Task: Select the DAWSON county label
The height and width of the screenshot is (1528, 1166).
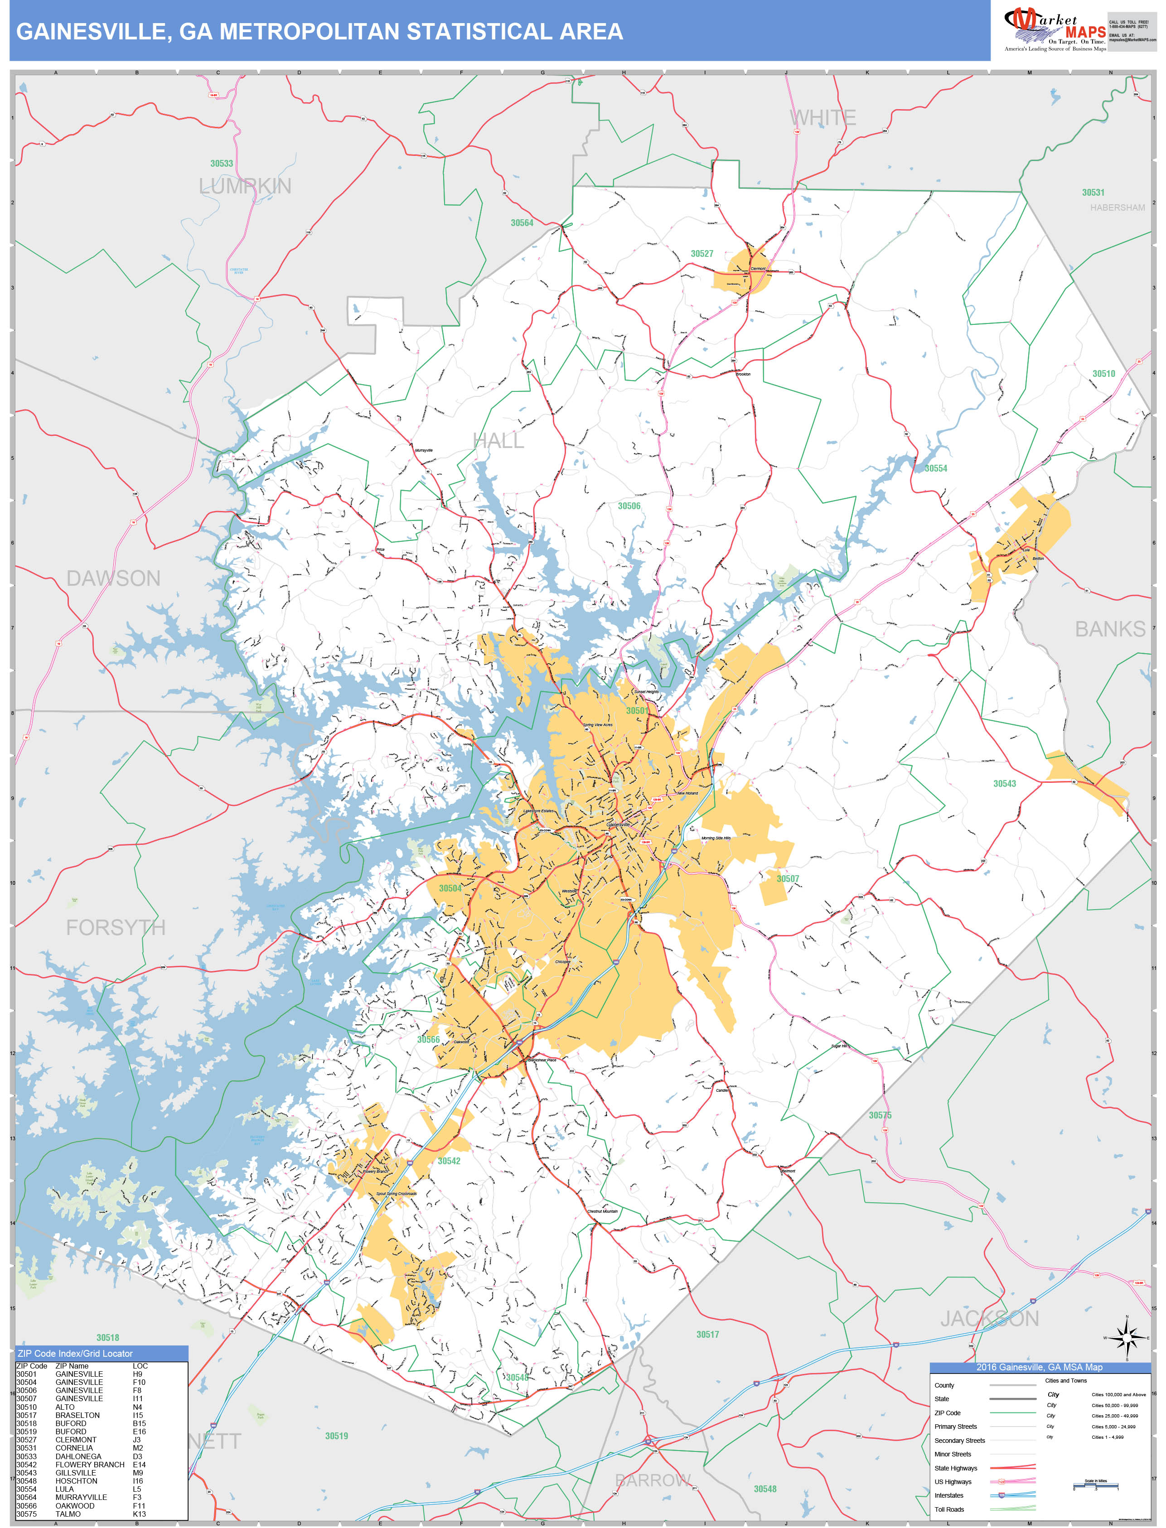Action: tap(113, 578)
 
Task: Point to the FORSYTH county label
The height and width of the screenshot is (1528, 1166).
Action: tap(115, 927)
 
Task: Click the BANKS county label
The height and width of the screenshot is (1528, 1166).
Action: tap(1110, 629)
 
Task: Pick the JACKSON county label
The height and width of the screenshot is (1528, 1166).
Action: tap(989, 1319)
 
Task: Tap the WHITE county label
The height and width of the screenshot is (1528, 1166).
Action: tap(822, 118)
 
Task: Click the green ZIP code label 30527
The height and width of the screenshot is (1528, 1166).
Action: tap(702, 254)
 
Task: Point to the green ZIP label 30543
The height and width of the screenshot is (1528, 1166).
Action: tap(1004, 784)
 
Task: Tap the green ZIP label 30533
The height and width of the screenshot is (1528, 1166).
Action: tap(222, 164)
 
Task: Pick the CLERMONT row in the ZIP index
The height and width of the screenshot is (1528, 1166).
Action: tap(76, 1440)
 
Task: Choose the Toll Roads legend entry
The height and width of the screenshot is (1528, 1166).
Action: tap(949, 1509)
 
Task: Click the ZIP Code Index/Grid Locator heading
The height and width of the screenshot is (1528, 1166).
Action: tap(75, 1353)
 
